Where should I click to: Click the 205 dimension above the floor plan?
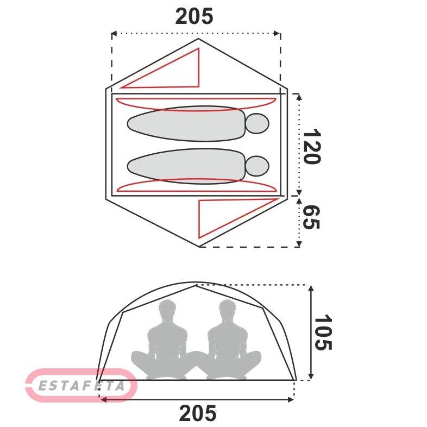(194, 16)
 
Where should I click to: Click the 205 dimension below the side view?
(198, 413)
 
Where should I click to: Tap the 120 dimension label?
(312, 146)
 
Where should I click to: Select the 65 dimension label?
(311, 218)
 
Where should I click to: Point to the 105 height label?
(323, 332)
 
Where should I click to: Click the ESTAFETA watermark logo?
(81, 385)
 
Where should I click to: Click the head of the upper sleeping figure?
(257, 123)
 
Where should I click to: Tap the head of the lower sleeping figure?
(257, 166)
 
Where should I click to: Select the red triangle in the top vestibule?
(160, 68)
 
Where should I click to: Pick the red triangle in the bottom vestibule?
(238, 218)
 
